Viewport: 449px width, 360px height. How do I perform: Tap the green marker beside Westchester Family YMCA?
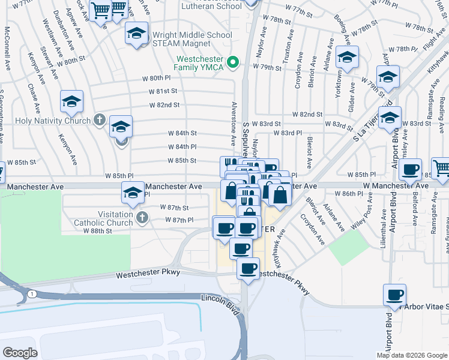(235, 62)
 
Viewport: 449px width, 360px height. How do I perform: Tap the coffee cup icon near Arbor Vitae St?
(395, 295)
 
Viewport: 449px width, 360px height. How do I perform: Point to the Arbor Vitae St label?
(427, 307)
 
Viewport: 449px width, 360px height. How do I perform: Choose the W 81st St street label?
(163, 91)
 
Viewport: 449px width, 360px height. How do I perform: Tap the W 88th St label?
(97, 230)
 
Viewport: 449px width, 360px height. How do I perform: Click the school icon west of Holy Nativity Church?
(71, 101)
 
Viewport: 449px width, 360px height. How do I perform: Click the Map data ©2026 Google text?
(411, 355)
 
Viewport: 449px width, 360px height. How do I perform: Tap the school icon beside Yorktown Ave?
(347, 58)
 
